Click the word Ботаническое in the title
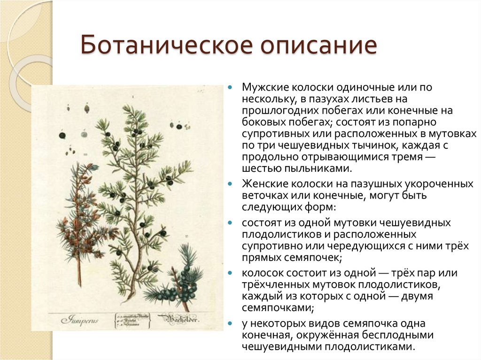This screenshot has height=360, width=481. point(155,47)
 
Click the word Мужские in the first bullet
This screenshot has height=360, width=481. point(264,88)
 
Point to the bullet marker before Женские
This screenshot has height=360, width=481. point(230,184)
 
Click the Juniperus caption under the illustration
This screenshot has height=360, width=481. point(78,320)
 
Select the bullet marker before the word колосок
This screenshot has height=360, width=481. point(230,273)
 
